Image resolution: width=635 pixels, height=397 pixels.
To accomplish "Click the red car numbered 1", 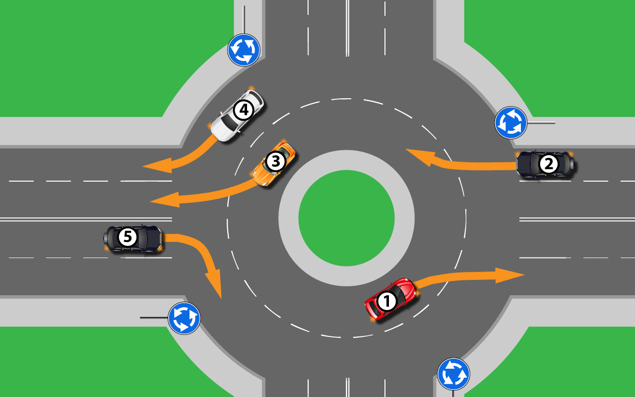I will tap(391, 299).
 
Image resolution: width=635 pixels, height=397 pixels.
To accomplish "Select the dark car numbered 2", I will tap(545, 164).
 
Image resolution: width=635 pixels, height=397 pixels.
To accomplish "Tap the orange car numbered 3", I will tap(274, 163).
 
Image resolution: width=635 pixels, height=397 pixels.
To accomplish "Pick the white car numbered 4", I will tap(237, 116).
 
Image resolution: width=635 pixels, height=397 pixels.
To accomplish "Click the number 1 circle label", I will tap(386, 301).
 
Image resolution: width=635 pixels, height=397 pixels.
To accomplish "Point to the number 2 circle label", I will tap(548, 164).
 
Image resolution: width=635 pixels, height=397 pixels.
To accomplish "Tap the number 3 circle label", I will tap(275, 161).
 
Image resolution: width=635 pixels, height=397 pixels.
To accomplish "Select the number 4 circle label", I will tap(243, 110).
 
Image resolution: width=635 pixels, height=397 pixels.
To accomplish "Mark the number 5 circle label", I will tap(127, 237).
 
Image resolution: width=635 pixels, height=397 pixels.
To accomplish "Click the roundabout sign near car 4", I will tap(244, 50).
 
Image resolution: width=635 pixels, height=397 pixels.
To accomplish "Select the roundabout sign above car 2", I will tap(511, 123).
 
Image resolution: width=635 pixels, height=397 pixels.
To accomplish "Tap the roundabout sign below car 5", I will tap(184, 318).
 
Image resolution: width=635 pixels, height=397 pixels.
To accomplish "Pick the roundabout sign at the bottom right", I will tap(453, 374).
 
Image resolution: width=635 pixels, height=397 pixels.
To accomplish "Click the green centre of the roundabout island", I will tap(346, 218).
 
